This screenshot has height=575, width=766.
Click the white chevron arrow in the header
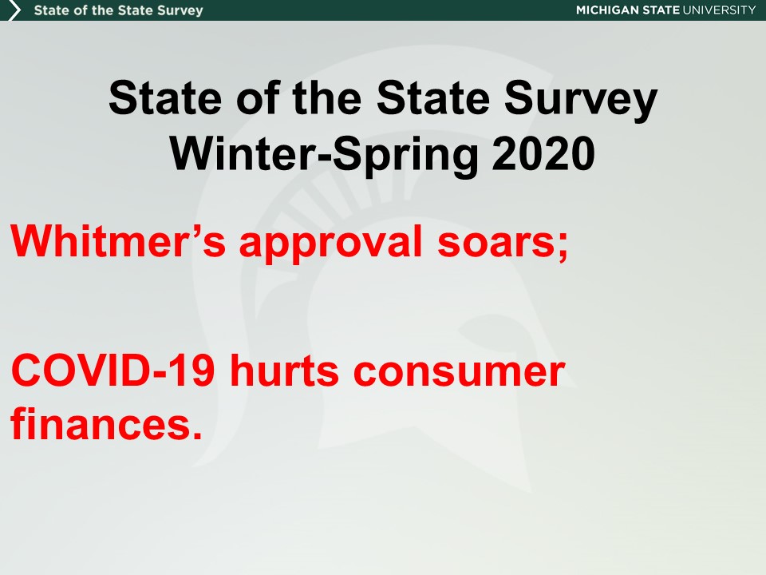pos(14,10)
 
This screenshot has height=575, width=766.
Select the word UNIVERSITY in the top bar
pos(719,10)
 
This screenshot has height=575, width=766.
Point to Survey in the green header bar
pos(180,10)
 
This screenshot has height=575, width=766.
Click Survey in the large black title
pos(581,99)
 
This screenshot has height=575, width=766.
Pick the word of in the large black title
pos(259,97)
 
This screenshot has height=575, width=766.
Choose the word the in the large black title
pos(327,97)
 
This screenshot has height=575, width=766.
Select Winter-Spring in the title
pos(324,155)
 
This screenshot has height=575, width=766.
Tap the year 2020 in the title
pos(543,153)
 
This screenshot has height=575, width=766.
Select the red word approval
pos(330,244)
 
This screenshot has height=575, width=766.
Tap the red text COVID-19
pos(113,370)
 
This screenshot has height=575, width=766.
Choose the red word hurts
pos(284,370)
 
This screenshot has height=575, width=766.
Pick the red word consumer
pos(459,373)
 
